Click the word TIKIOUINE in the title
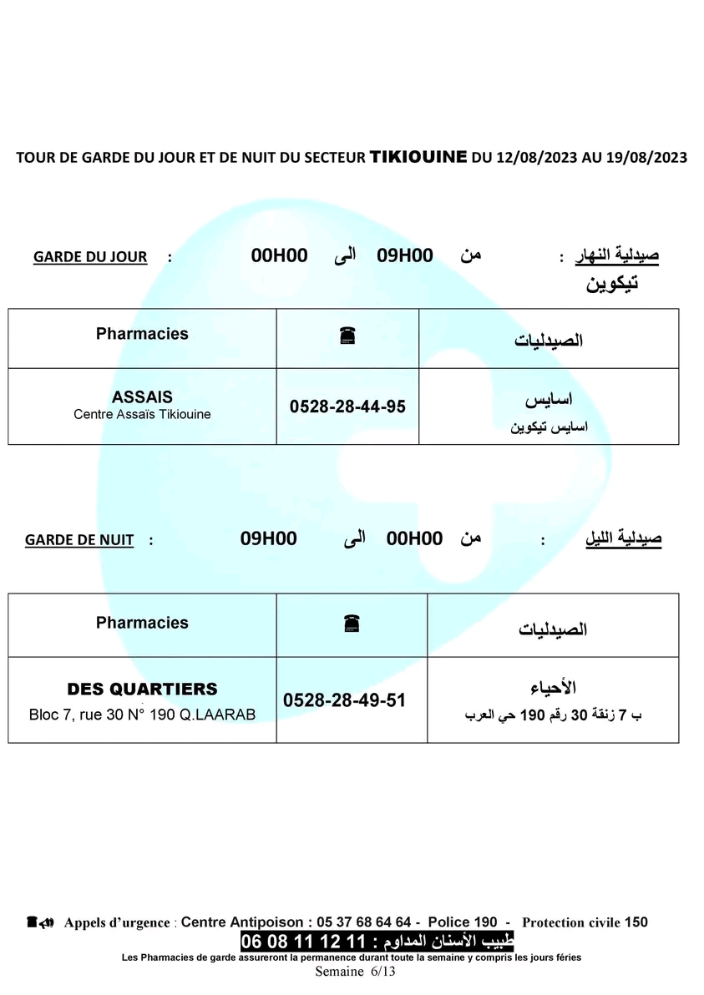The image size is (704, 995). pyautogui.click(x=418, y=156)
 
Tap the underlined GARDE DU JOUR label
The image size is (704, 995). pyautogui.click(x=90, y=257)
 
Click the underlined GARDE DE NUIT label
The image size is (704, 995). pyautogui.click(x=79, y=540)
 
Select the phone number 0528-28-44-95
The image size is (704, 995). pyautogui.click(x=347, y=407)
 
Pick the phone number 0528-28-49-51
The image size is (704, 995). pyautogui.click(x=345, y=700)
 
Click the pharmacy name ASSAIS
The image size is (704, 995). pyautogui.click(x=142, y=397)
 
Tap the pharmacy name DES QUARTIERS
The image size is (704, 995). pyautogui.click(x=142, y=689)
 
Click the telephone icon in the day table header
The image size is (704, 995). pyautogui.click(x=348, y=336)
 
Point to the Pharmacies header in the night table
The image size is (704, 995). pyautogui.click(x=142, y=623)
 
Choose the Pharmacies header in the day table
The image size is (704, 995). pyautogui.click(x=142, y=334)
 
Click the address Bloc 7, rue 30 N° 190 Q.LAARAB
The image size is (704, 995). pyautogui.click(x=142, y=715)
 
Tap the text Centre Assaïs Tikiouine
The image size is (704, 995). pyautogui.click(x=142, y=414)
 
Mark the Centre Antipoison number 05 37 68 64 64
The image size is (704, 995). pyautogui.click(x=362, y=922)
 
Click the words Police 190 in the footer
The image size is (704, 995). pyautogui.click(x=463, y=922)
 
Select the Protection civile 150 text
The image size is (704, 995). pyautogui.click(x=585, y=922)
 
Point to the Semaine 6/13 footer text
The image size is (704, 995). pyautogui.click(x=355, y=971)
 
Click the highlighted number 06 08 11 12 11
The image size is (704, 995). pyautogui.click(x=304, y=942)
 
